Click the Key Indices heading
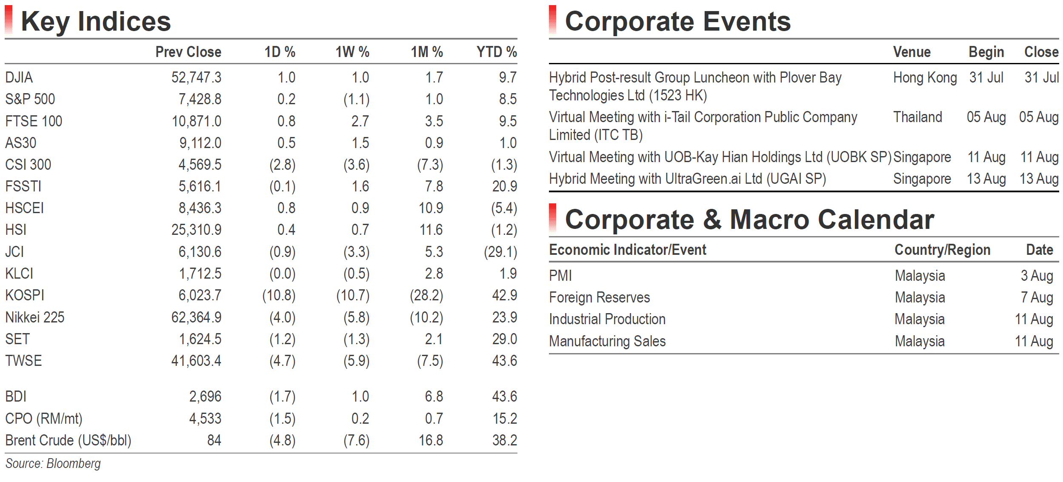click(96, 22)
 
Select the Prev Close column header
click(188, 52)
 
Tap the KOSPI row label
click(25, 295)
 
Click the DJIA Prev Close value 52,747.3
click(196, 77)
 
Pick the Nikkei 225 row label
click(35, 317)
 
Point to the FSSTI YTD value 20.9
click(505, 186)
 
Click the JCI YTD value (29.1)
click(500, 252)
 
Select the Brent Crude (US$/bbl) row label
click(68, 440)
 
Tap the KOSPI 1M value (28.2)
click(426, 295)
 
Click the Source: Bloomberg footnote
click(53, 464)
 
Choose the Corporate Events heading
click(678, 22)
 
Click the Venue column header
click(912, 52)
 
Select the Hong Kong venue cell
click(925, 78)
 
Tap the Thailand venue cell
click(918, 117)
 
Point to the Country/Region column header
click(943, 250)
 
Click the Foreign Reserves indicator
click(600, 297)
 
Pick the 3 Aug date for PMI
click(1037, 276)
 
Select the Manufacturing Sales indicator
click(607, 341)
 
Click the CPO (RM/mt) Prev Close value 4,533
click(205, 419)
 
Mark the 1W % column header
click(352, 52)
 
